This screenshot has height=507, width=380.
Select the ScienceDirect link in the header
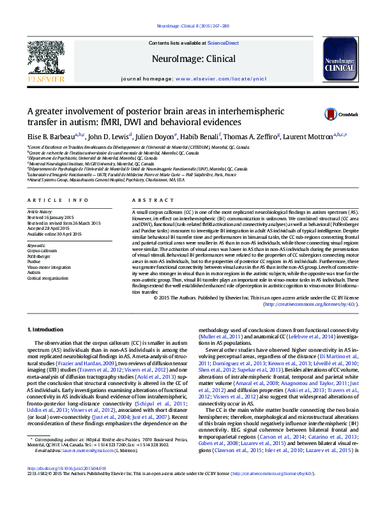224,43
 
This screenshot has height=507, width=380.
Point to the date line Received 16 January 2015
51,215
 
